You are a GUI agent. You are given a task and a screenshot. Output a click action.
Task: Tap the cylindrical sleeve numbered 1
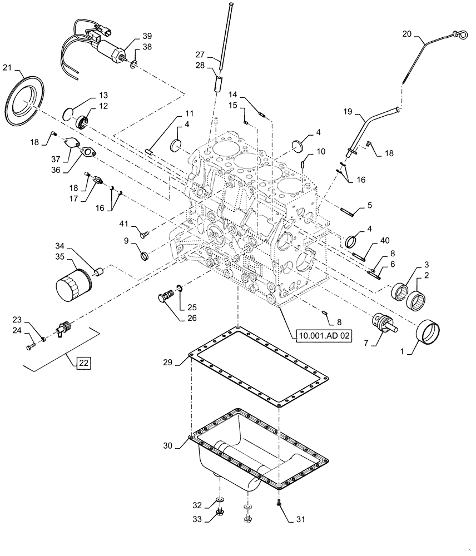(x=428, y=332)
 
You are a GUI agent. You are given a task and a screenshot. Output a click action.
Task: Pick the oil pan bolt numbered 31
(x=278, y=503)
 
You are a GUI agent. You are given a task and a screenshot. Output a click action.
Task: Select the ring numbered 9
(x=143, y=255)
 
